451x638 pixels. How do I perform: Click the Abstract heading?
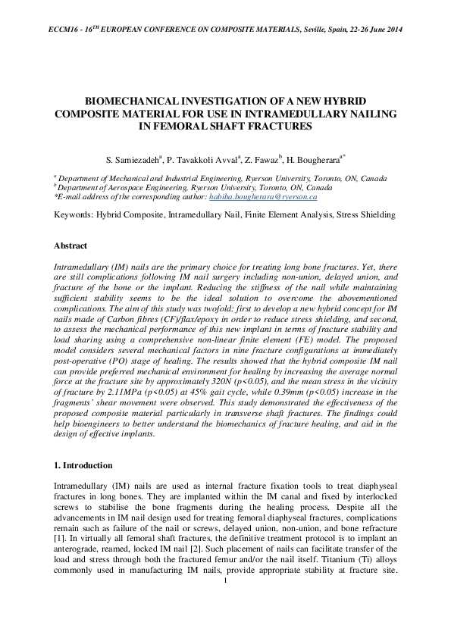(x=70, y=246)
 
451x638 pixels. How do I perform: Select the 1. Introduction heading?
(x=83, y=465)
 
